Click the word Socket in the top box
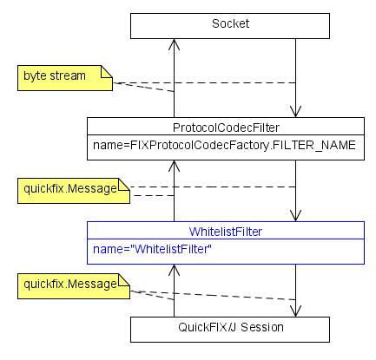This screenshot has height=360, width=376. (230, 23)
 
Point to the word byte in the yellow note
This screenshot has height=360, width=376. (36, 76)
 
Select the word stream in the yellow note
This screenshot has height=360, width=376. (68, 75)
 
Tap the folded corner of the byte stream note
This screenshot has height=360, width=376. (107, 71)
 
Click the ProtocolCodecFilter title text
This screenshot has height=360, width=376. (226, 128)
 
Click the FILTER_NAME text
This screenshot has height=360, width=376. (314, 145)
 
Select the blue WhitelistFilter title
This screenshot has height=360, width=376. (226, 232)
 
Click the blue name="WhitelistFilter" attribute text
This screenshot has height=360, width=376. (152, 249)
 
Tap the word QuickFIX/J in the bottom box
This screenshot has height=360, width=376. (208, 327)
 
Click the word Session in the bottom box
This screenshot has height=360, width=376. (262, 327)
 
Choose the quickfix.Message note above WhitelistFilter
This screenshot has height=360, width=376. (74, 191)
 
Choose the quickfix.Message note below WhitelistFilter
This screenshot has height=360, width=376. (74, 286)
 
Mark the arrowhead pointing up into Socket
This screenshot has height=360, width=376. (174, 44)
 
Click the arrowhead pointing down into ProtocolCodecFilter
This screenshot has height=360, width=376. (295, 112)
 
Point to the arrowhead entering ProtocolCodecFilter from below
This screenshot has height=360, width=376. (174, 166)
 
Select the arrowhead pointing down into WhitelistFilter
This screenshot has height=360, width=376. (295, 216)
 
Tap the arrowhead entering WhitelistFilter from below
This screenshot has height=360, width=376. (174, 270)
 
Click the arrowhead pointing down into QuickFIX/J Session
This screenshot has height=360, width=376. (295, 311)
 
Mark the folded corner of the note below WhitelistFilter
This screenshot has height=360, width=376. (124, 279)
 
